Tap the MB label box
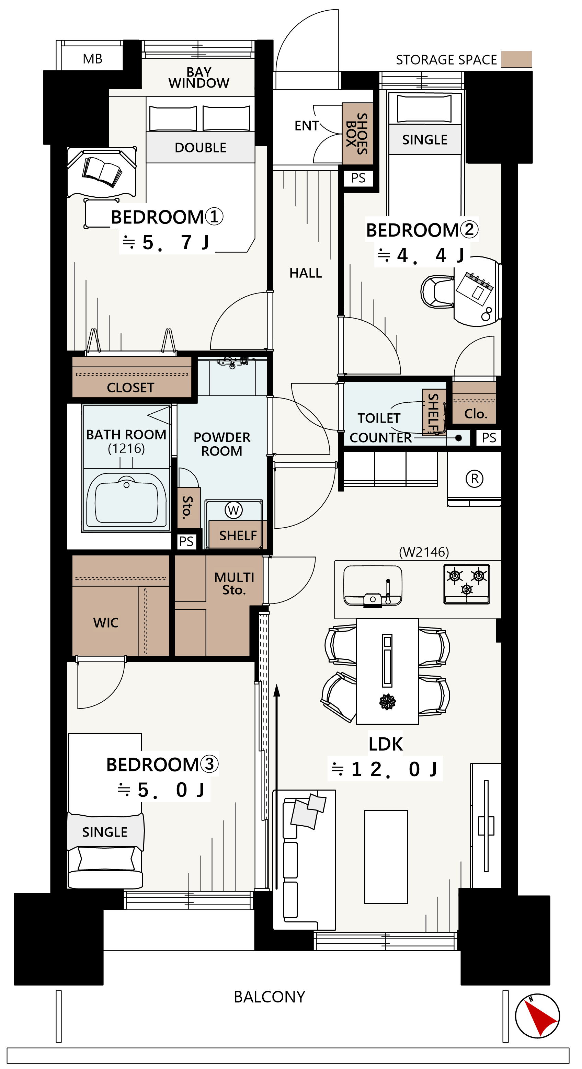pos(92,58)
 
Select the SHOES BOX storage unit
pos(357,134)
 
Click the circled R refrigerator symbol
pos(475,479)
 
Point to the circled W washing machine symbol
pos(233,510)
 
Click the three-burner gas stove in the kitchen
pos(467,584)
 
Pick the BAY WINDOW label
pos(199,78)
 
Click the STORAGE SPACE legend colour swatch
pos(516,59)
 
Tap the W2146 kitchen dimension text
pos(424,552)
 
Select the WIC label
pos(106,622)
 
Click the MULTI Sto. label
pos(234,584)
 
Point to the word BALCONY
pos(270,997)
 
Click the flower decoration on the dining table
pos(387,702)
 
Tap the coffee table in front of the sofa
pos(386,857)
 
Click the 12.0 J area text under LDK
pos(385,769)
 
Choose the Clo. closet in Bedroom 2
pos(474,403)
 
